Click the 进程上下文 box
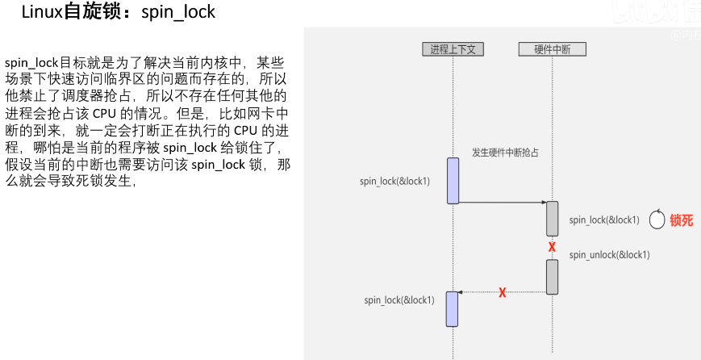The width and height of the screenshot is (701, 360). (453, 49)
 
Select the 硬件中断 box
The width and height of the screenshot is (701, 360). (553, 49)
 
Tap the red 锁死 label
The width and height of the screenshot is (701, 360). (682, 220)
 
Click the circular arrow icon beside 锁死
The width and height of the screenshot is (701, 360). (657, 219)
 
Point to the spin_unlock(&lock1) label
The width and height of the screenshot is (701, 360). (609, 255)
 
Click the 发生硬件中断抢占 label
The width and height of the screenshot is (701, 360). (505, 152)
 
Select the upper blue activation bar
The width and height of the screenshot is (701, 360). (453, 181)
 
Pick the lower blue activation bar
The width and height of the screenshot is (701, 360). (453, 308)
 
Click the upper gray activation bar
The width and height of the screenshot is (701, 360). (553, 218)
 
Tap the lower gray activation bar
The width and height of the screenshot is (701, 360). (553, 277)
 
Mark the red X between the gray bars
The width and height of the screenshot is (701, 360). (552, 247)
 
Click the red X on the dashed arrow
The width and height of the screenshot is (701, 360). (502, 292)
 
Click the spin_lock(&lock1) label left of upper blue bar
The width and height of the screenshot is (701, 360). (394, 181)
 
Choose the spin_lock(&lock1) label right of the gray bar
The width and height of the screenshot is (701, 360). (604, 220)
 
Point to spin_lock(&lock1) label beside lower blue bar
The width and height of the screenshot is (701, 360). (399, 300)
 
